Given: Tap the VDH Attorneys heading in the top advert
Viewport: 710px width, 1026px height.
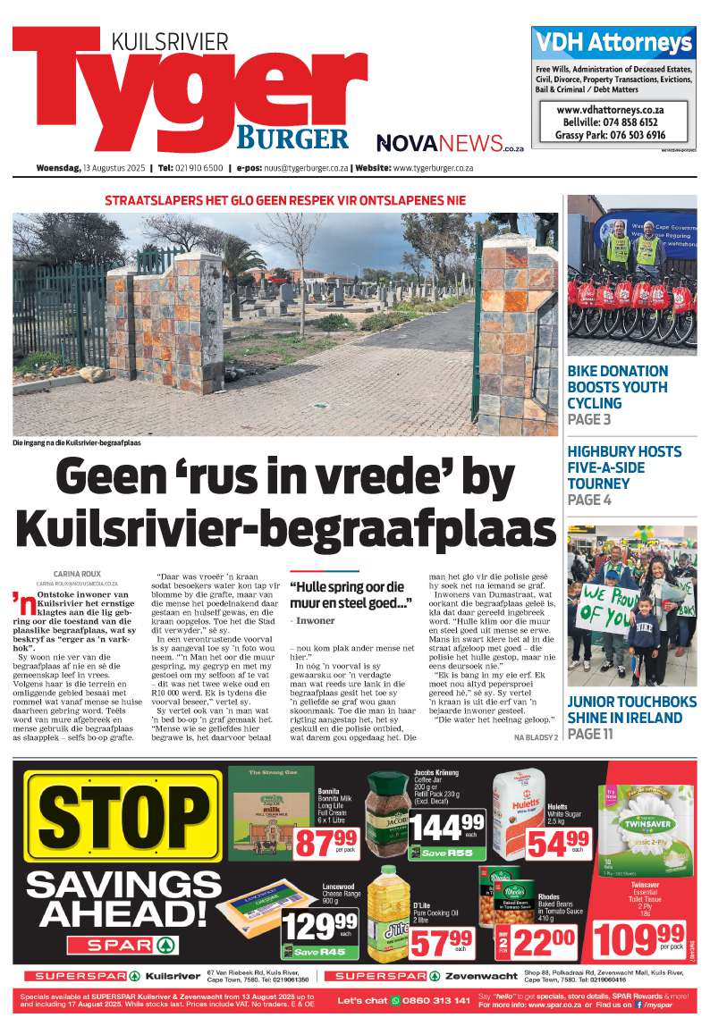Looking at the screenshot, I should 613,42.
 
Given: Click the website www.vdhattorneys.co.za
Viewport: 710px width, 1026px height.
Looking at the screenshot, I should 613,108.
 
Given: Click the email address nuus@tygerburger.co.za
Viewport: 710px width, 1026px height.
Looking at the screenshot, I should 300,168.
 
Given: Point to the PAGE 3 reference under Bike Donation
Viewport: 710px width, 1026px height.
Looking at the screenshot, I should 589,419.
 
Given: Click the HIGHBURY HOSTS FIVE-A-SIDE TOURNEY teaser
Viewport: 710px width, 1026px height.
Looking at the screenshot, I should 624,467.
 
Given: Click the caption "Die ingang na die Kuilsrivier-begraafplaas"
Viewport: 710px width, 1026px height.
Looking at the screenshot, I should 76,442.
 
